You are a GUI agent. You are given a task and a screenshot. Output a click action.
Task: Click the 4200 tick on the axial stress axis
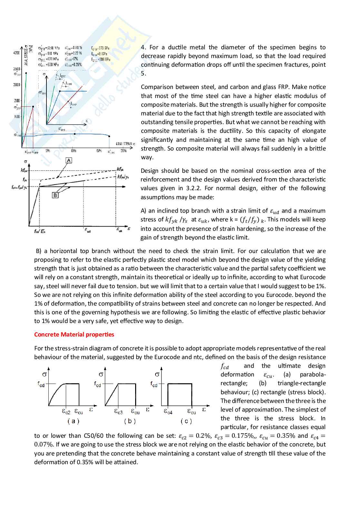click(16, 53)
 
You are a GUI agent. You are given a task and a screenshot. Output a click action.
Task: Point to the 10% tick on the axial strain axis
click(74, 151)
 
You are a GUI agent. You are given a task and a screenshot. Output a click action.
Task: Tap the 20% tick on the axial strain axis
click(124, 151)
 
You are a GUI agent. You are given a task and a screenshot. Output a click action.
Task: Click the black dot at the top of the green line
click(26, 73)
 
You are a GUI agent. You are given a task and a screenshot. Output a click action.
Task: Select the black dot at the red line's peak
click(33, 107)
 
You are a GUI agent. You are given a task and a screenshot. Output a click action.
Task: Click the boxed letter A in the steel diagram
click(69, 161)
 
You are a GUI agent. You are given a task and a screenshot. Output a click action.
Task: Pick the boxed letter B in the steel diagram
click(55, 195)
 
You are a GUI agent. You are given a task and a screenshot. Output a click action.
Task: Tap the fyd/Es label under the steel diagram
click(39, 231)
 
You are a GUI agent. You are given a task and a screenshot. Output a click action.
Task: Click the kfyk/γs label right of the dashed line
click(123, 177)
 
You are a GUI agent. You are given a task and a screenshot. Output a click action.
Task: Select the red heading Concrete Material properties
click(74, 335)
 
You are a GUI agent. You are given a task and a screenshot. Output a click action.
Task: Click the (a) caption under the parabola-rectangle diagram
click(73, 421)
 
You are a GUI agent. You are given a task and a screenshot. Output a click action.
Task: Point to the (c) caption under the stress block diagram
click(186, 421)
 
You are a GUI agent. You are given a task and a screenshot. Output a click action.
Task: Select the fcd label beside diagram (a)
click(41, 384)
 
